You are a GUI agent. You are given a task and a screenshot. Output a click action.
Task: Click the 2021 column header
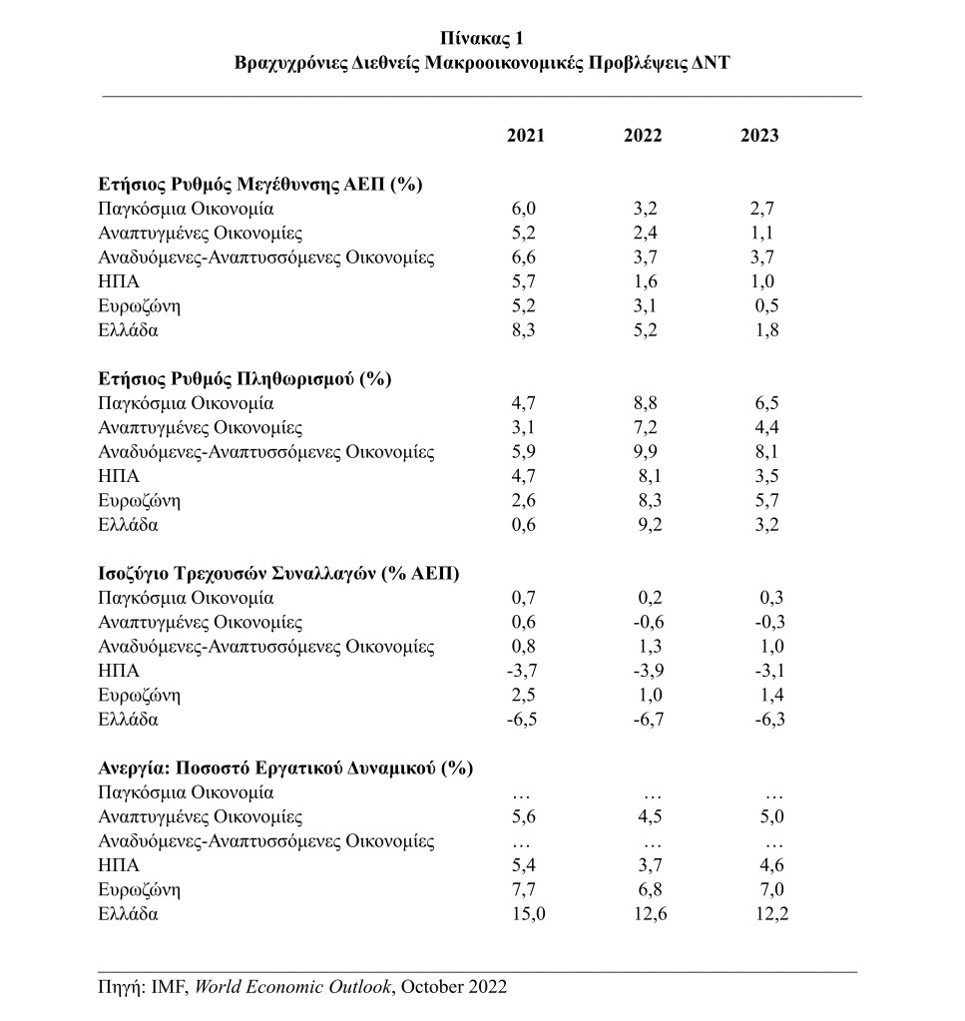pos(526,137)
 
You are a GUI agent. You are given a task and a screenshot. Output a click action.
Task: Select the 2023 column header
pos(759,137)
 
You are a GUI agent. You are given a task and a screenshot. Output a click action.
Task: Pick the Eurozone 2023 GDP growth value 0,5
pos(766,305)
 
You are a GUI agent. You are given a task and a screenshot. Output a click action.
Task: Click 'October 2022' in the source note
pos(455,988)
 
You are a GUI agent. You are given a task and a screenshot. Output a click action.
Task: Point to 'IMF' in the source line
pos(166,988)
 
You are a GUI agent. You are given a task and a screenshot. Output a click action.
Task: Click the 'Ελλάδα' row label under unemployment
pos(128,913)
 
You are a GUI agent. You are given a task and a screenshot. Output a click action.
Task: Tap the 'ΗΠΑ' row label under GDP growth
pos(118,281)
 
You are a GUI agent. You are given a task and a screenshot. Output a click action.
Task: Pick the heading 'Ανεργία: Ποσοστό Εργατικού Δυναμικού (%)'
pos(285,768)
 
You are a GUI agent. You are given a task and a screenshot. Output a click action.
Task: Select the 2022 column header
pos(643,137)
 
